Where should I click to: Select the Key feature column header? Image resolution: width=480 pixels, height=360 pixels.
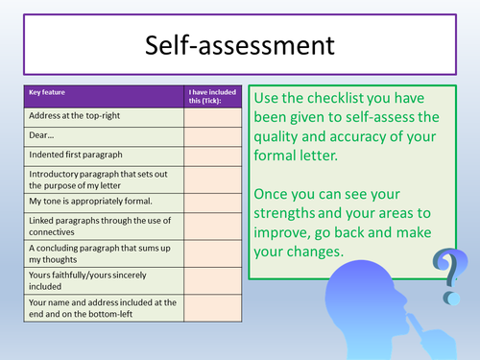click(54, 93)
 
